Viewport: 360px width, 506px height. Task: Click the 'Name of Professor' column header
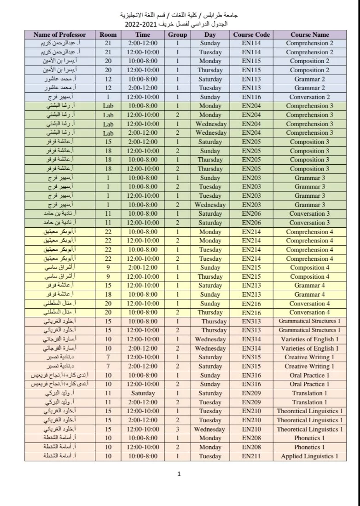tap(61, 34)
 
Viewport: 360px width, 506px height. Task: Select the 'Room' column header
tap(108, 34)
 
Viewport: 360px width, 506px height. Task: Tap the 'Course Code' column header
tap(251, 34)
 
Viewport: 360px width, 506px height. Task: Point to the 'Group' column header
tap(177, 34)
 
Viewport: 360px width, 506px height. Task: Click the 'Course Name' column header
tap(309, 34)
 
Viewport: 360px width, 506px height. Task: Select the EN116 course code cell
tap(251, 97)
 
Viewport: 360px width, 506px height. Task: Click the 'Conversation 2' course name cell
tap(309, 97)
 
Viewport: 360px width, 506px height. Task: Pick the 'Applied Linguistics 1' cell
tap(309, 456)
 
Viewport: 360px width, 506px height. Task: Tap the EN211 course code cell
tap(251, 456)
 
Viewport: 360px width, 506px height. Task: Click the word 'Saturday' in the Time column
tap(143, 393)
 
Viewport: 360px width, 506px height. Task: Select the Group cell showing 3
tap(177, 429)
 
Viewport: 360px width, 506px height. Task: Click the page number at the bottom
tap(179, 474)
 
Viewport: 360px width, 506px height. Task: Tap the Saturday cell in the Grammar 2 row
tap(210, 79)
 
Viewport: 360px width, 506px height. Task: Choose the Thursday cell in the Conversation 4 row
tap(210, 313)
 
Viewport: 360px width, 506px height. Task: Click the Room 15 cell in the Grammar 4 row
tap(108, 286)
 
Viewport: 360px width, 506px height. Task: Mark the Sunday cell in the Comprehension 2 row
tap(210, 43)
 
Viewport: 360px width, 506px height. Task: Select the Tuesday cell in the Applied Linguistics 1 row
tap(210, 456)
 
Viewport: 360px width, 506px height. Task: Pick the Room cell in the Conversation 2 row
tap(108, 97)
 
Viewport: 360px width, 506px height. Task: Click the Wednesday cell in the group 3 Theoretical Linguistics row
tap(209, 429)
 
